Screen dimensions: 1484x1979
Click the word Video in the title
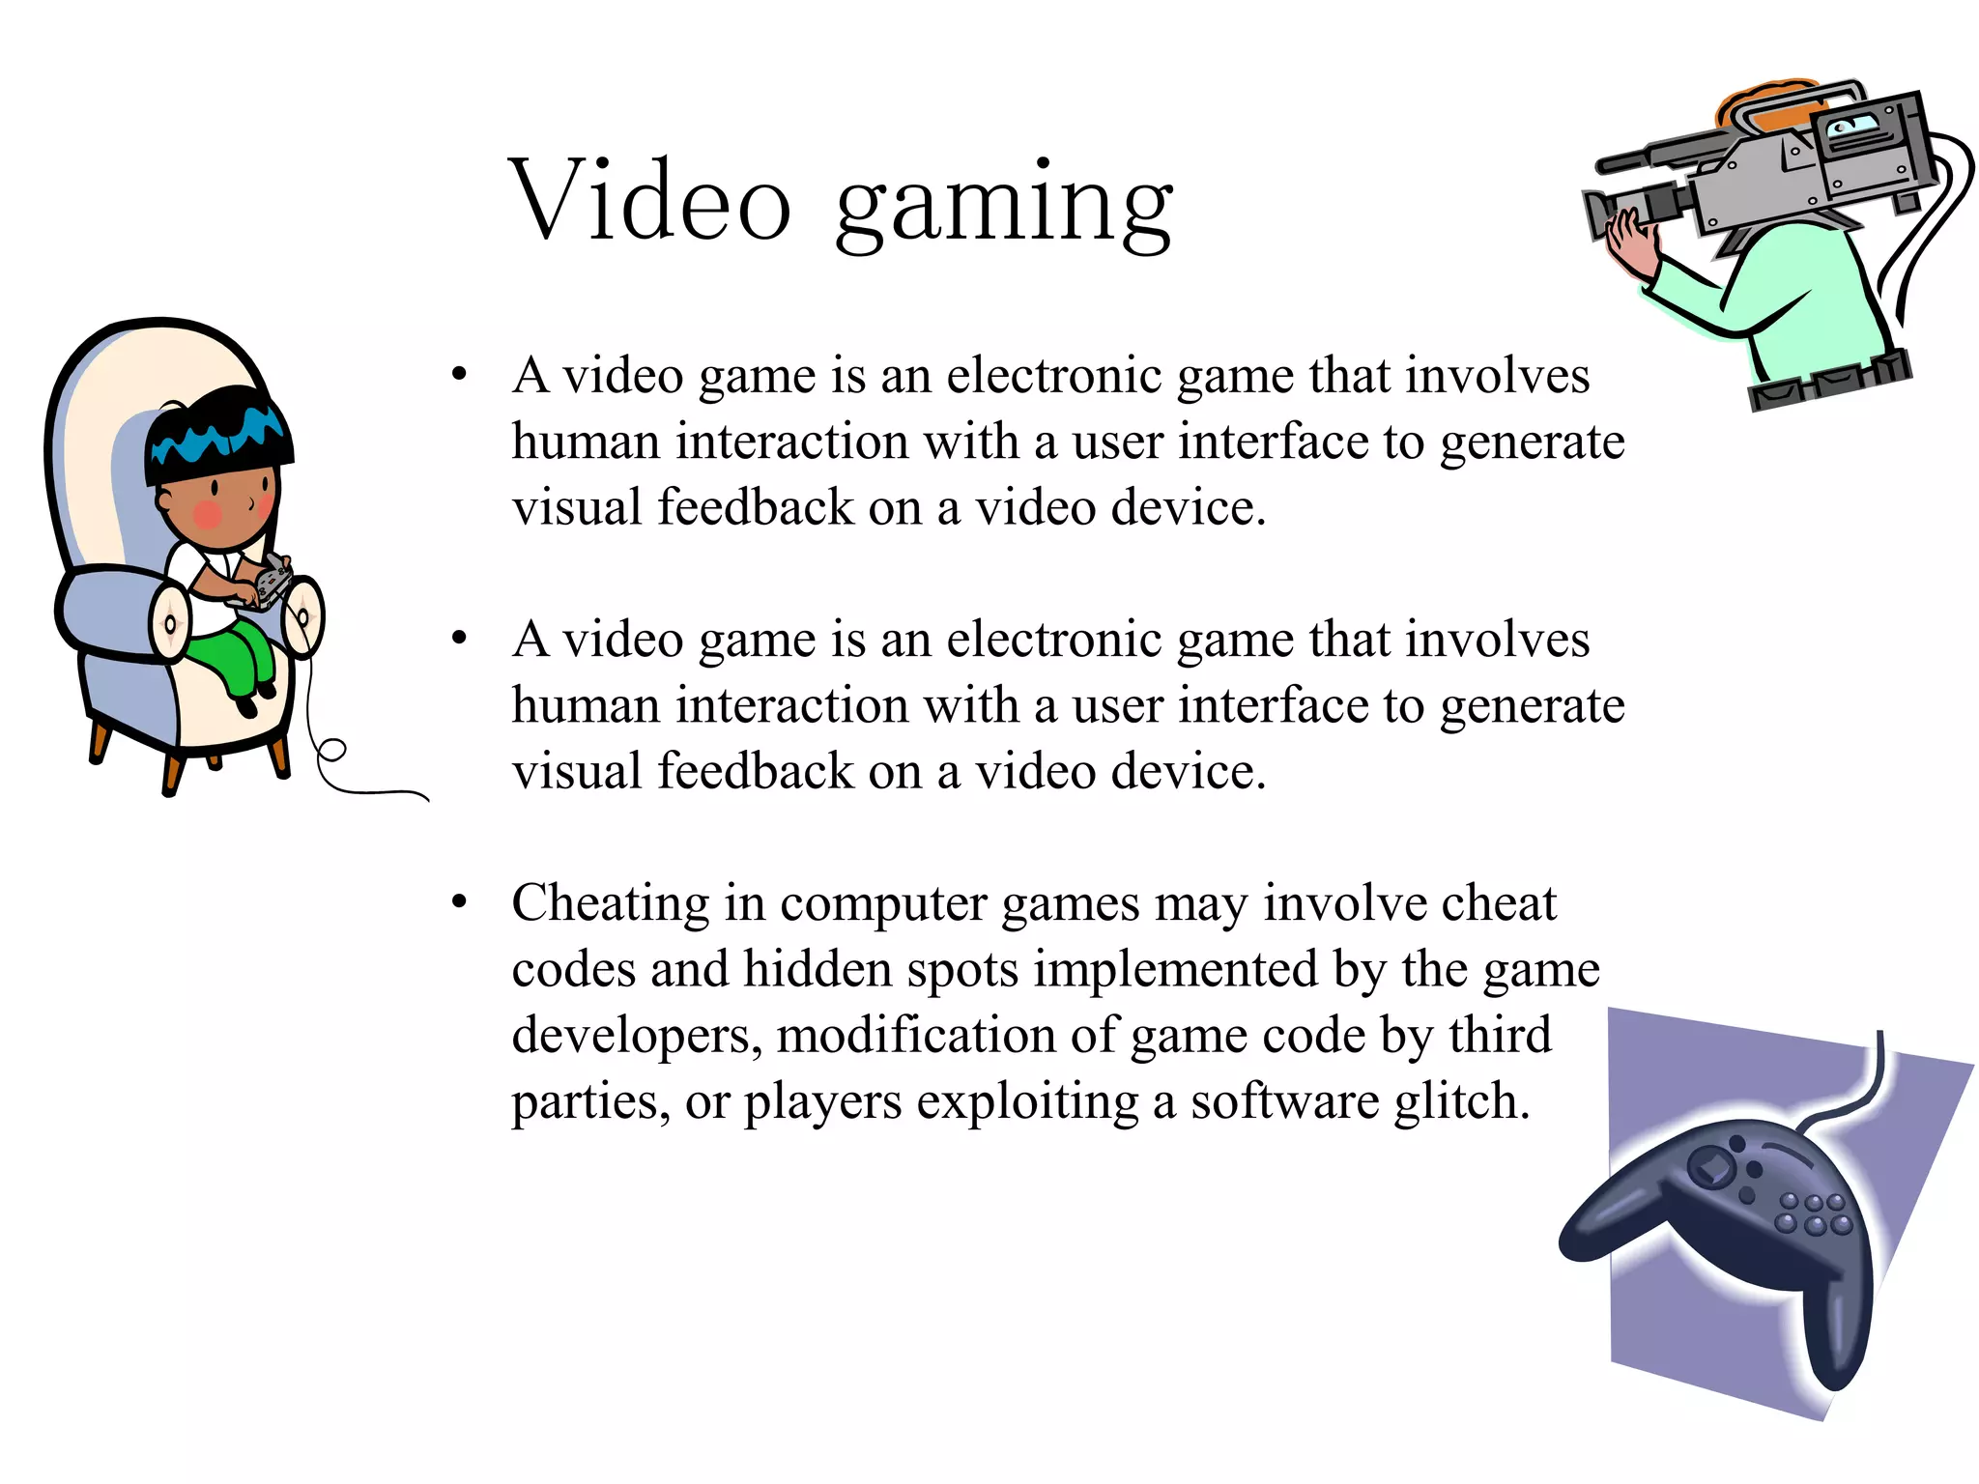pos(649,201)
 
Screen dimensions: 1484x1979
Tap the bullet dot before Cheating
pos(460,901)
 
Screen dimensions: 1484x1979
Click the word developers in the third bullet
pos(636,1037)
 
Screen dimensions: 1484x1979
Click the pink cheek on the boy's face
pos(207,514)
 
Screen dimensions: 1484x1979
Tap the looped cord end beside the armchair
pos(331,750)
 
